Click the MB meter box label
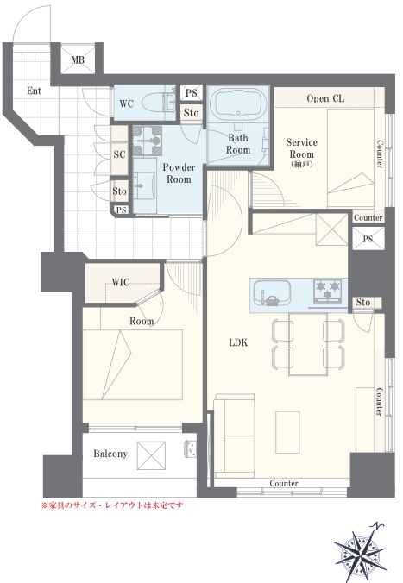point(78,60)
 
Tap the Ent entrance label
point(34,91)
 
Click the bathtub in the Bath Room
point(238,103)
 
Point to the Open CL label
point(325,98)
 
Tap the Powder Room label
point(179,173)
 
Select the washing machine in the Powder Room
point(148,141)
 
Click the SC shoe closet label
point(119,154)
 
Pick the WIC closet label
point(121,282)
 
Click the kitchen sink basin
point(272,292)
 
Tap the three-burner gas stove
point(327,291)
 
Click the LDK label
point(238,342)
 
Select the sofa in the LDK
point(235,436)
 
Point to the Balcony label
point(110,454)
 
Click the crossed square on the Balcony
point(151,455)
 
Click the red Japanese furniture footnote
point(112,505)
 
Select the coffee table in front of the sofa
point(287,432)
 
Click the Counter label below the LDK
point(284,483)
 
